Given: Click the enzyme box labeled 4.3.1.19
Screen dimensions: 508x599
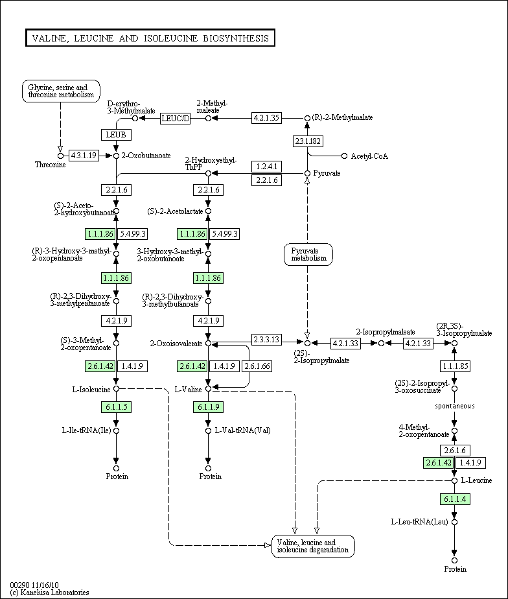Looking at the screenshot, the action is click(x=84, y=156).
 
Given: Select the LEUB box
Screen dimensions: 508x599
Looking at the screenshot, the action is click(x=116, y=134).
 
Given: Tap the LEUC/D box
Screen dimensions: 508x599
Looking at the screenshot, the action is click(x=176, y=119).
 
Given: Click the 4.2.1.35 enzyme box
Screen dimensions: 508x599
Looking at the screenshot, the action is click(x=266, y=118).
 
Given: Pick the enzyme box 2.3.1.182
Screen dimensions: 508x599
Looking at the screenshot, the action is click(x=308, y=141).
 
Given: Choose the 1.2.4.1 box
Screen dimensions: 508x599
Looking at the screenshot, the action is click(x=266, y=167).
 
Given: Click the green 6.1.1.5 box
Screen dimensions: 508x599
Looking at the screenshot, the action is click(x=117, y=407).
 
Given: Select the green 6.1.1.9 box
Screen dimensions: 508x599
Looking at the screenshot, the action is click(x=208, y=407).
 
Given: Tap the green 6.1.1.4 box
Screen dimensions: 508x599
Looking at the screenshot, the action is click(x=455, y=499).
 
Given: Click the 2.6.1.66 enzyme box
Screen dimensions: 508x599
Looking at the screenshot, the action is click(x=257, y=366).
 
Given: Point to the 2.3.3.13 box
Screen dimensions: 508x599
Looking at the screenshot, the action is click(x=266, y=339).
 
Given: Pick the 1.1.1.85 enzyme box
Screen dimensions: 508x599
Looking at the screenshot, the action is click(x=455, y=366).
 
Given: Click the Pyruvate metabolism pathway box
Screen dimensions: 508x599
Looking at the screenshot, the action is click(x=308, y=254).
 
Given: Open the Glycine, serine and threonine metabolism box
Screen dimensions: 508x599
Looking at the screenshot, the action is click(x=61, y=91).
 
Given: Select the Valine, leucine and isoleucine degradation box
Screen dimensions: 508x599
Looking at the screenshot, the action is click(x=313, y=546).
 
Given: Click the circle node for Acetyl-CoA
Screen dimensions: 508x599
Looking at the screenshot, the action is click(x=344, y=156).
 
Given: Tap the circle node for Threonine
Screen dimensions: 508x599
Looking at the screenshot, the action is click(x=60, y=156).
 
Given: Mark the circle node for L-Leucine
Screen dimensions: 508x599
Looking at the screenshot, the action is click(x=454, y=480).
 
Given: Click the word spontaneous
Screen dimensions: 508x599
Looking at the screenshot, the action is click(x=454, y=406).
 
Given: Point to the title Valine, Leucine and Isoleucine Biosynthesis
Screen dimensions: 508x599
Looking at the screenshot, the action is click(x=150, y=38).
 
